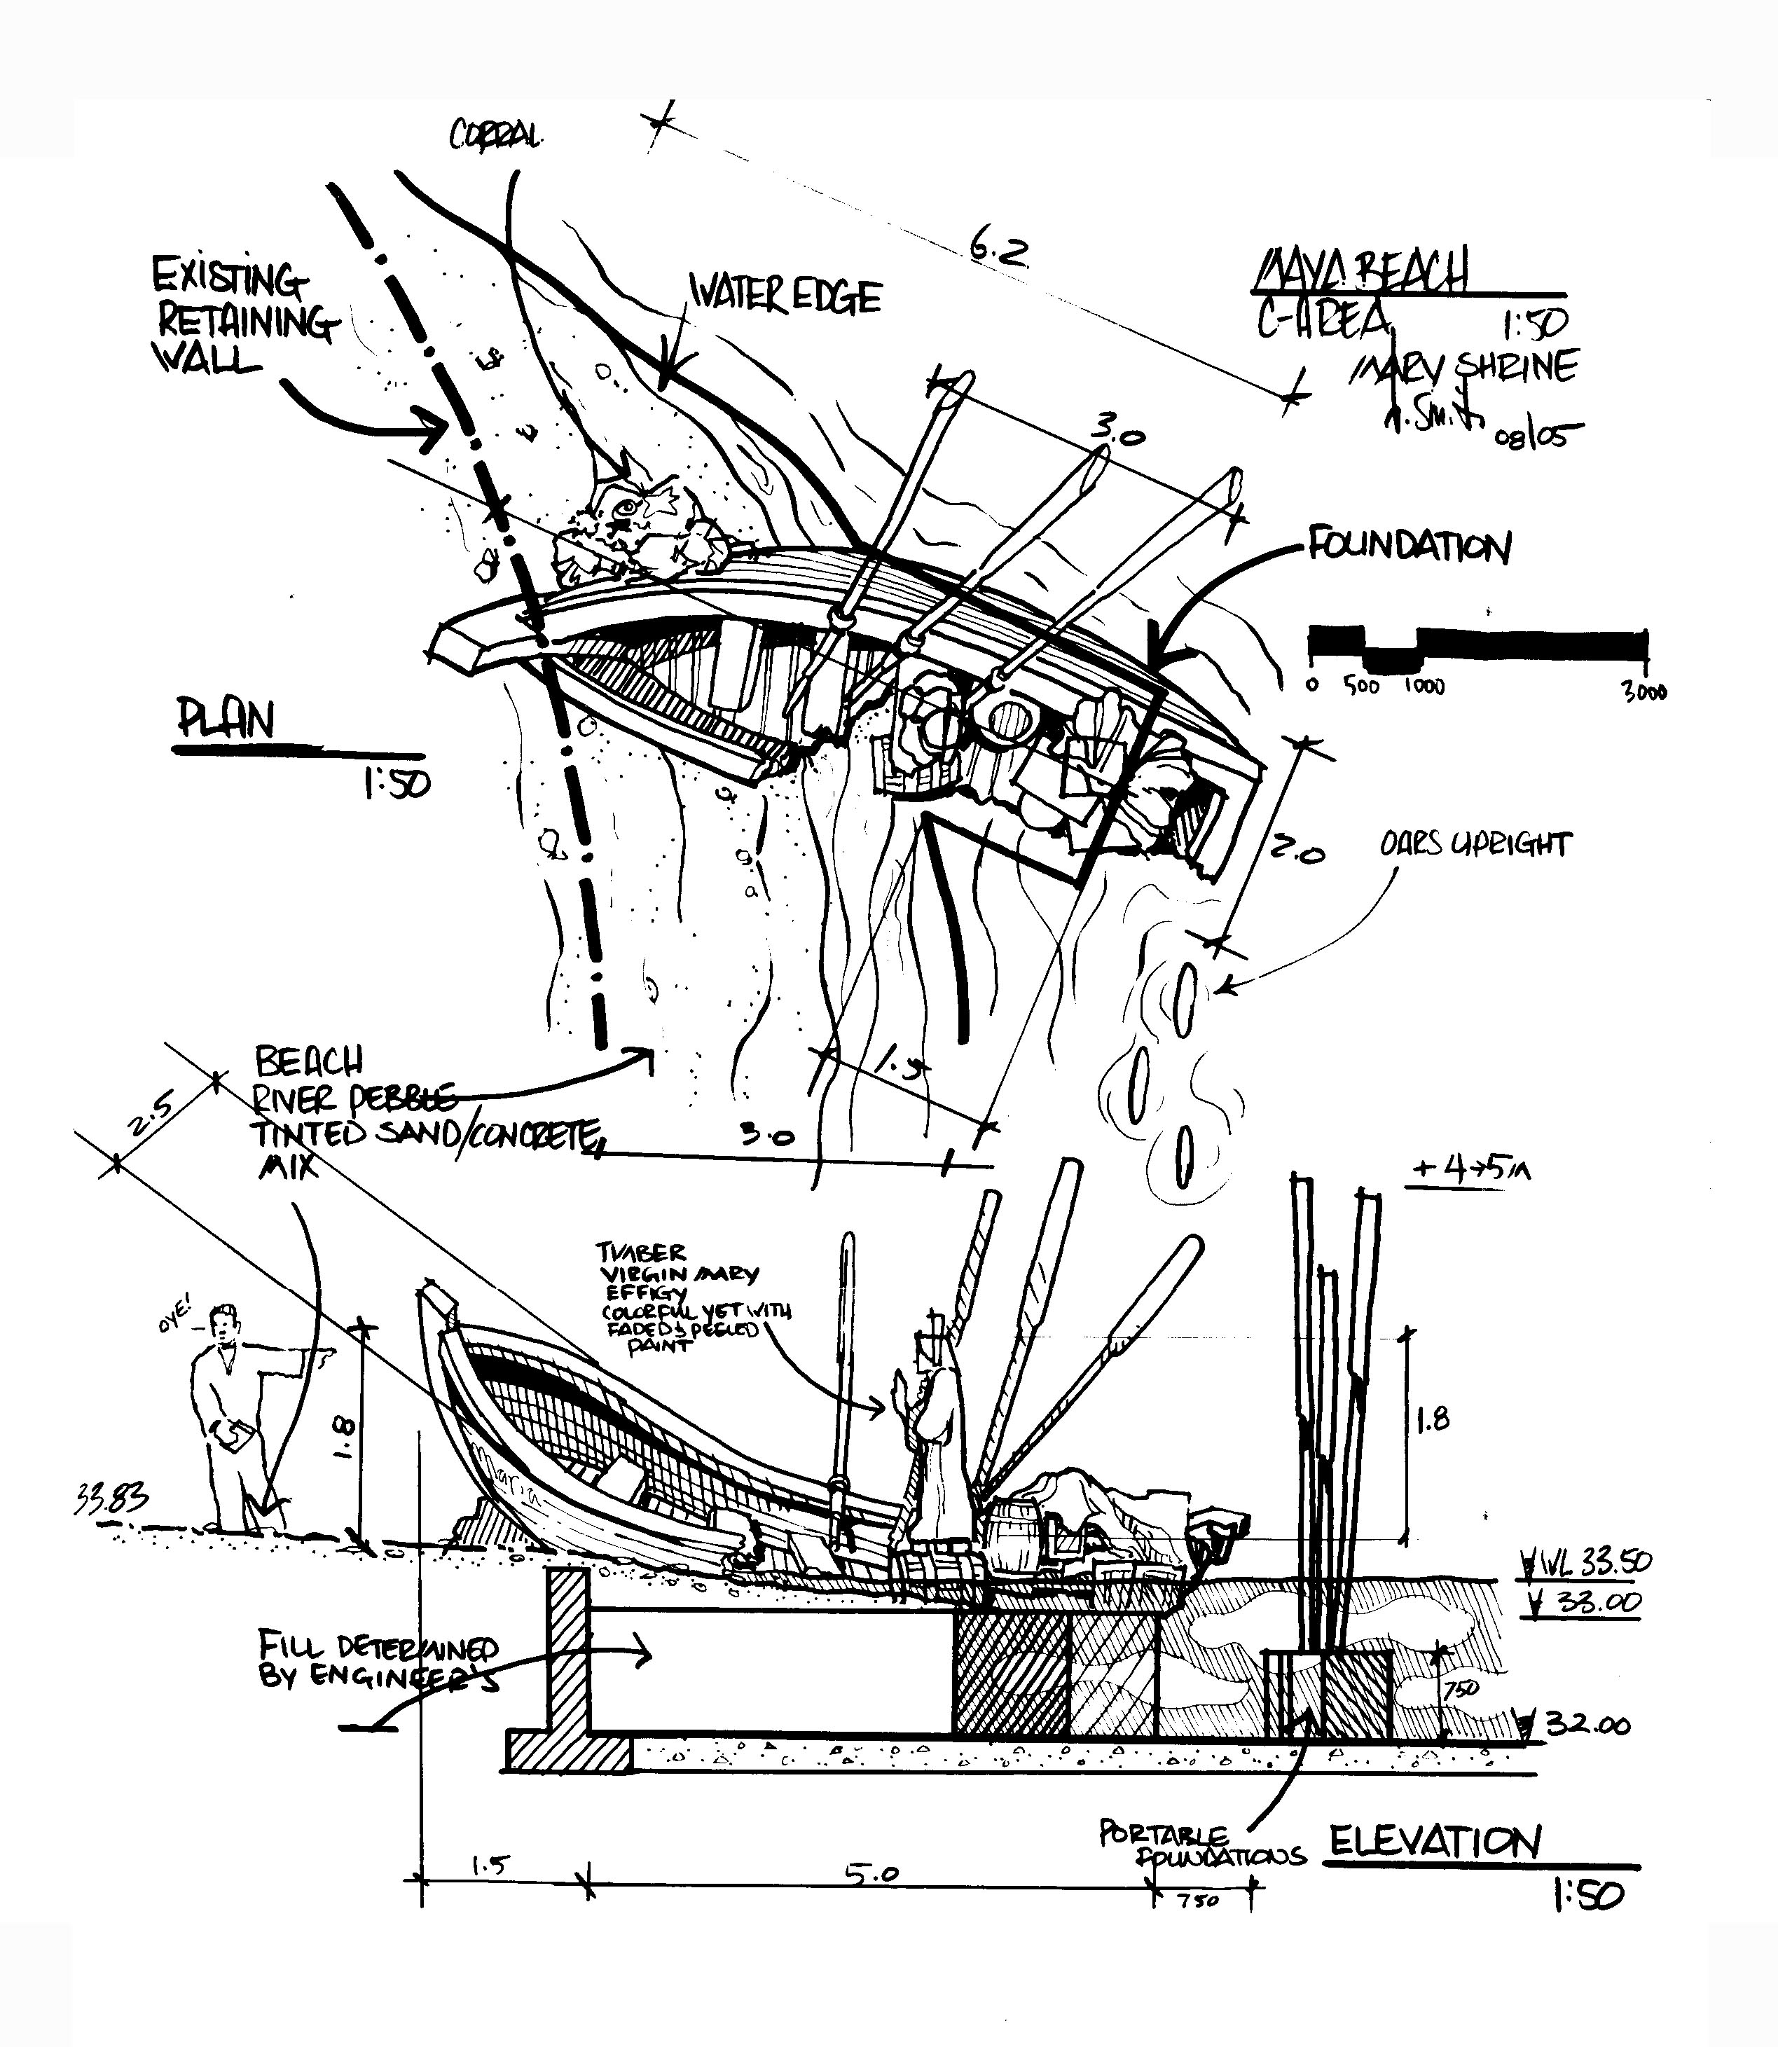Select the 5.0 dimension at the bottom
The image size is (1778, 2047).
(871, 1873)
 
